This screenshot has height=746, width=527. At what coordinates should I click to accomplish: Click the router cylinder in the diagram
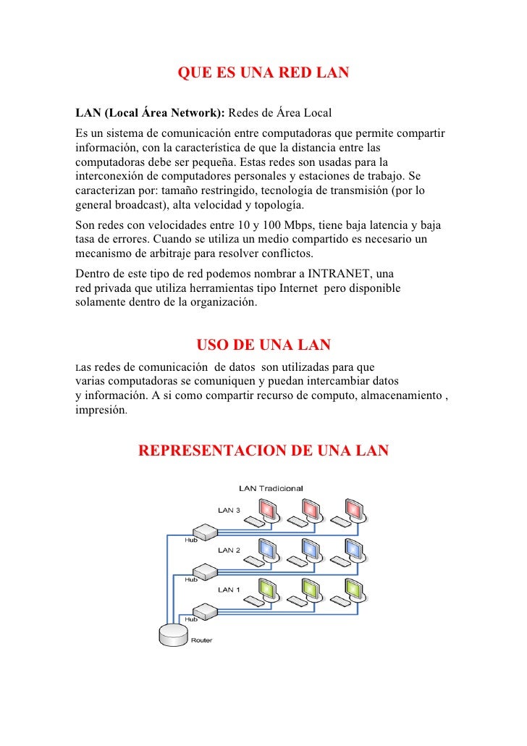(172, 635)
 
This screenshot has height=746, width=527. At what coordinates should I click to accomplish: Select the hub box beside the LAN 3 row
(203, 533)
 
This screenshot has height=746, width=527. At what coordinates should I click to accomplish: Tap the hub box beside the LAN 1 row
(203, 613)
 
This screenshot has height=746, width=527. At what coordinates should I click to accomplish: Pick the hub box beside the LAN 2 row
(203, 573)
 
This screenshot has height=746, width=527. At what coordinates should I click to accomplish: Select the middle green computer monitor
(310, 588)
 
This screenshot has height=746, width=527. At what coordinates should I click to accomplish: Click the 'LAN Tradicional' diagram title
(271, 487)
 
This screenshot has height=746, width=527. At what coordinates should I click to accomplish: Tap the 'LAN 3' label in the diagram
(229, 510)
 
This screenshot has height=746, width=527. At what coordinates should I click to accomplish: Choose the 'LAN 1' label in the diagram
(229, 590)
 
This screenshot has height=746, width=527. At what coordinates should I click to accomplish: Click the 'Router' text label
(201, 640)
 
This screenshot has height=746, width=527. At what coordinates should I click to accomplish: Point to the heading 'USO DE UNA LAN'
(263, 344)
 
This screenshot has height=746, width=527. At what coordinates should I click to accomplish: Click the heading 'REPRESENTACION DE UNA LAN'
(263, 451)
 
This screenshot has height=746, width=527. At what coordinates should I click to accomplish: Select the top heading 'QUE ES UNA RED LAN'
(263, 73)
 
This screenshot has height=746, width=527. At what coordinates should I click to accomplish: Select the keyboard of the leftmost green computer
(253, 601)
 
